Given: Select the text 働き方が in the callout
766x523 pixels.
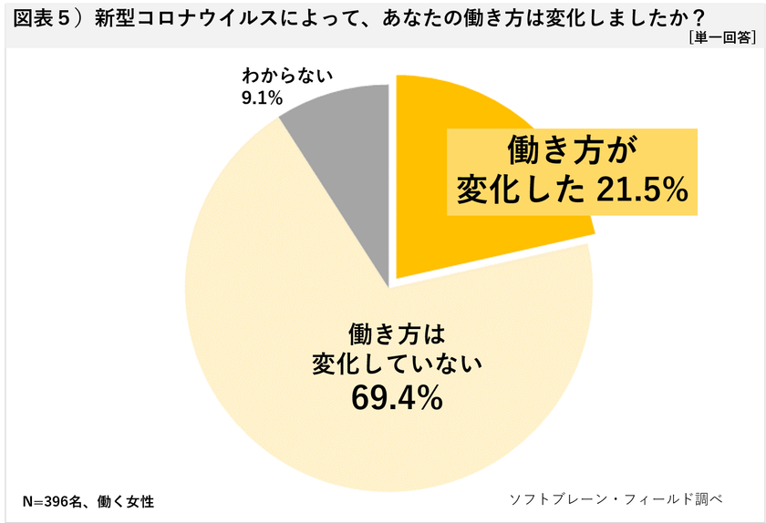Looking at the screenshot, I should click(x=571, y=149).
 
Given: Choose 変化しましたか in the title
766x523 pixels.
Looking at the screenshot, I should click(x=620, y=16).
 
